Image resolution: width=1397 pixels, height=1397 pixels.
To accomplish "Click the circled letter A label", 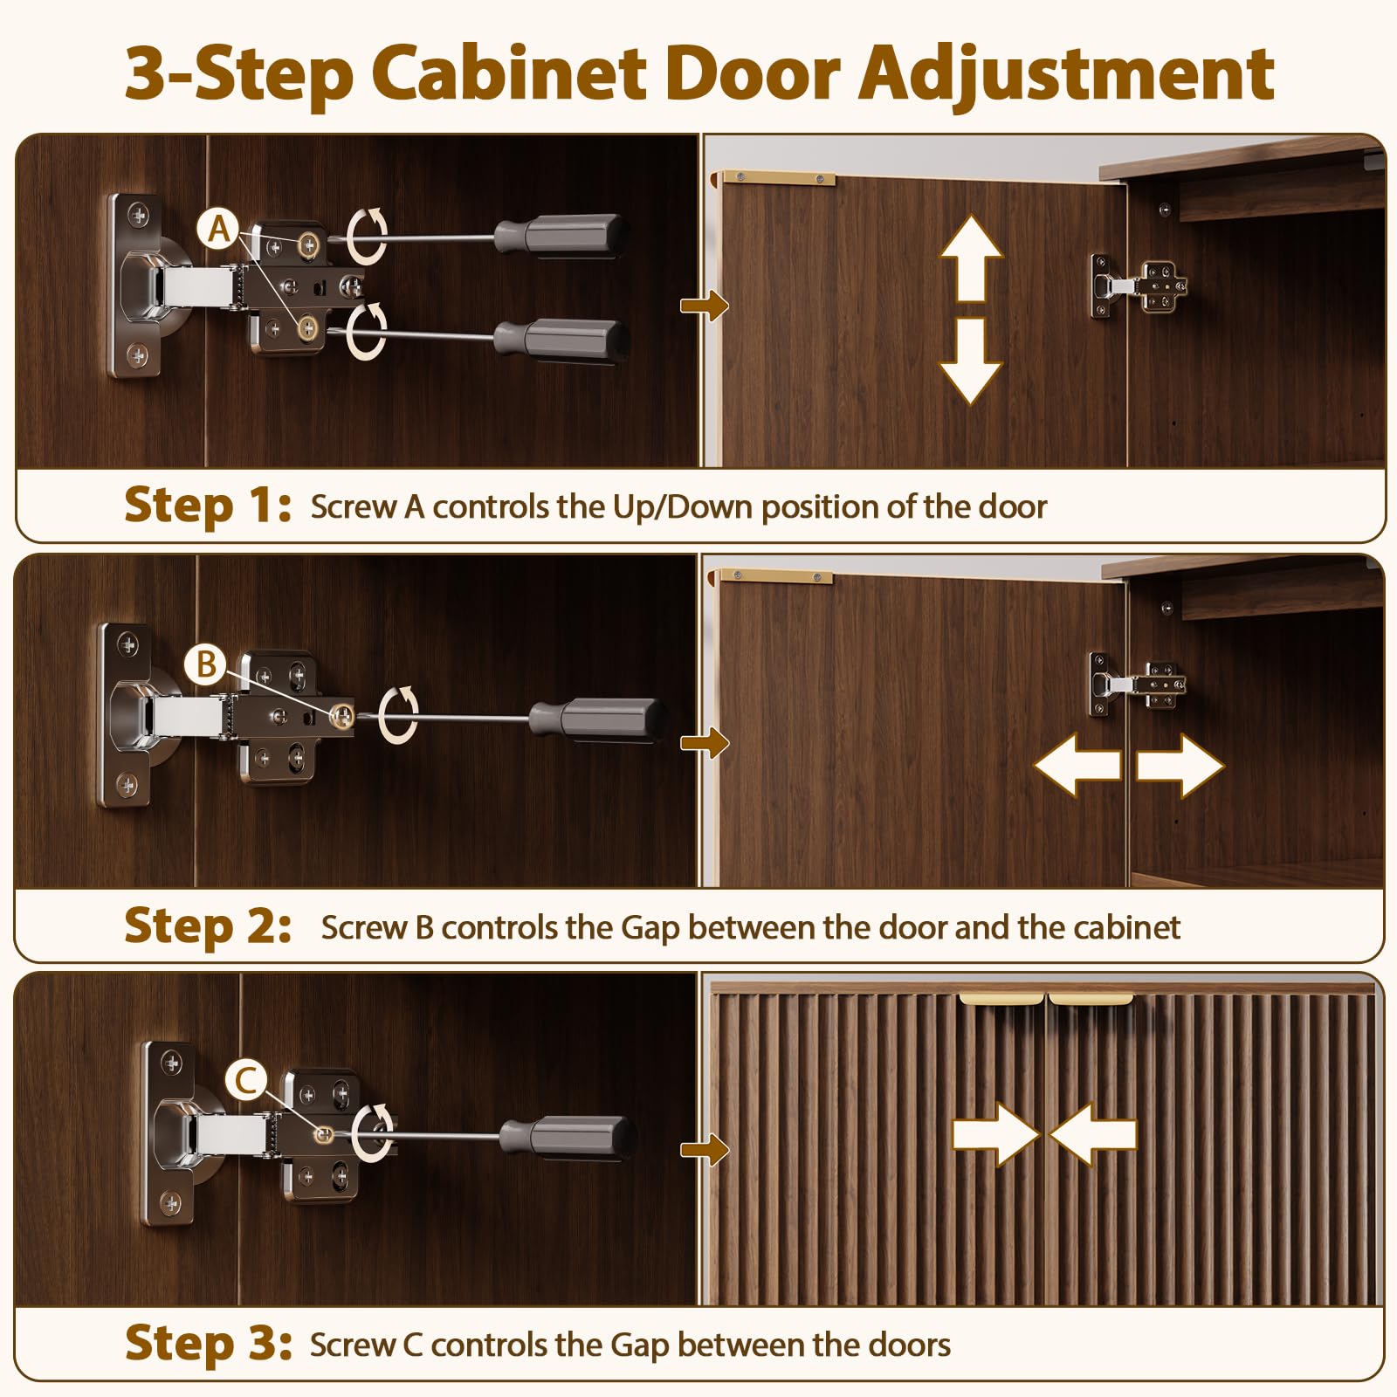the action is (x=218, y=230).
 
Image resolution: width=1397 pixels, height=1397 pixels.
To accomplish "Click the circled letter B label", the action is (x=206, y=664).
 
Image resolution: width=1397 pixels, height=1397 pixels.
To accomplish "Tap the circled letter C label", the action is (x=246, y=1081).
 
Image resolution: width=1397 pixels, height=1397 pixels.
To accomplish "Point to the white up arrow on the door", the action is (x=971, y=258).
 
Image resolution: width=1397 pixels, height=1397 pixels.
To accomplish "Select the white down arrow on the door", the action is (x=971, y=361).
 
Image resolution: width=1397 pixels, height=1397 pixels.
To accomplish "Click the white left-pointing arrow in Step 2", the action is (x=1077, y=765).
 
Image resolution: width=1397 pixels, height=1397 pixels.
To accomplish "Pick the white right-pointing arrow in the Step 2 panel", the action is (x=1180, y=765).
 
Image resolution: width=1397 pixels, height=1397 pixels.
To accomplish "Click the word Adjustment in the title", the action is (x=1067, y=74).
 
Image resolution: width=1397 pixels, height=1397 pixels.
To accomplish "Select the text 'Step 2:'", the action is (x=208, y=926).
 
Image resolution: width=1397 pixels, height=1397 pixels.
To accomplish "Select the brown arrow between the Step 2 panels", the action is (x=705, y=743).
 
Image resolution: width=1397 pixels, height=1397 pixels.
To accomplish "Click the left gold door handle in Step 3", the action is (x=1001, y=999).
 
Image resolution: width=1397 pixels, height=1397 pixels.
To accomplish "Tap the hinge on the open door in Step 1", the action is (x=1139, y=286).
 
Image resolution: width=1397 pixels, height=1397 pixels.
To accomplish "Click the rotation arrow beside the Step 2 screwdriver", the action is (x=399, y=715).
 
